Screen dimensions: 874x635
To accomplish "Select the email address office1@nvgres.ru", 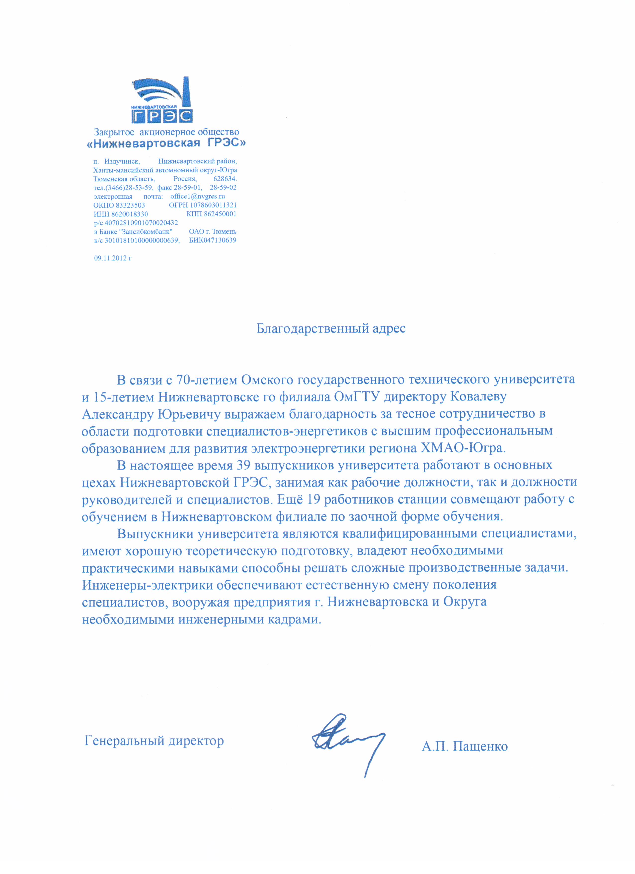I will click(198, 196).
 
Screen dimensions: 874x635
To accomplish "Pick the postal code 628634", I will click(225, 179).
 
